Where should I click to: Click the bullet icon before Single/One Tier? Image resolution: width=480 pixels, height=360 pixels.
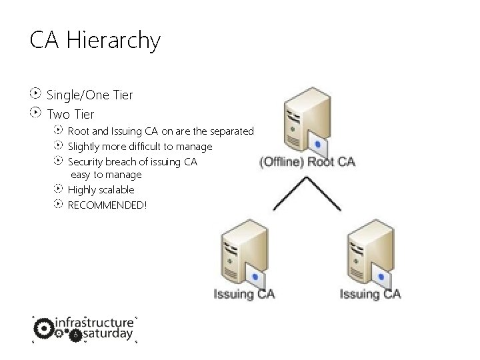[x=36, y=94]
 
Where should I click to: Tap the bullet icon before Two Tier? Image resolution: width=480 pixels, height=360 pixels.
[x=36, y=113]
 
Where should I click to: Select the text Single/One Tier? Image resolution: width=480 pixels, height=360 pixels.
[x=89, y=95]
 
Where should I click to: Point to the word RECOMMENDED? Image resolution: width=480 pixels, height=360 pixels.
[x=107, y=204]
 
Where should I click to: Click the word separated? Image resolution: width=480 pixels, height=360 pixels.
[x=229, y=131]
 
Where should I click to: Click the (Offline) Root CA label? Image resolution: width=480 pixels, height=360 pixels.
[x=306, y=162]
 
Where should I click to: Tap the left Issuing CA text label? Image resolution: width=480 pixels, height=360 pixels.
[x=244, y=294]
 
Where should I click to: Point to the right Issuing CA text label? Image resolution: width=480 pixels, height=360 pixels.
[x=370, y=294]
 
